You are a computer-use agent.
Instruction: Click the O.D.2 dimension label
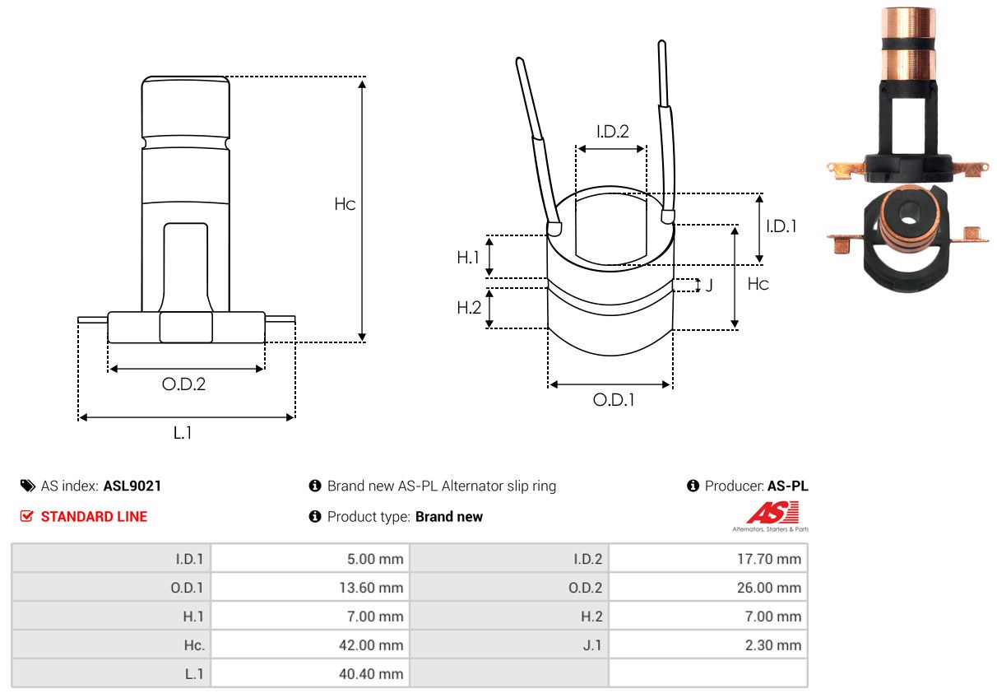click(x=183, y=384)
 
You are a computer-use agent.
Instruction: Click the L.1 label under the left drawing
click(x=183, y=433)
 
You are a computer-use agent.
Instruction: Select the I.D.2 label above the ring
click(x=612, y=131)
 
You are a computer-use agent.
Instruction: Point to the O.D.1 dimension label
click(x=614, y=400)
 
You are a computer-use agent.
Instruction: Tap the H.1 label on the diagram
click(x=468, y=258)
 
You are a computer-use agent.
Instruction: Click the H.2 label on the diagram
click(x=468, y=308)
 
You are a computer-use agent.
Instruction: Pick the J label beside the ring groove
click(x=709, y=286)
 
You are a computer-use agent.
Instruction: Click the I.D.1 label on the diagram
click(x=781, y=226)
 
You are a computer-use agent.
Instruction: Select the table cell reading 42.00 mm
click(x=371, y=645)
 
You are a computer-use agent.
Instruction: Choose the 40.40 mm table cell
click(x=371, y=674)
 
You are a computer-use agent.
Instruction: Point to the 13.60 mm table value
click(x=371, y=588)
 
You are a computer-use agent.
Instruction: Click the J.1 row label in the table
click(x=591, y=645)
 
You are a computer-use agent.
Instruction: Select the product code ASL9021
click(x=132, y=486)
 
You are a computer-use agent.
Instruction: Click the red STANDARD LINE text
click(x=94, y=517)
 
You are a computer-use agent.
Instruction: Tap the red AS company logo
click(x=772, y=514)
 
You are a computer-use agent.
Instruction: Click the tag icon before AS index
click(x=28, y=486)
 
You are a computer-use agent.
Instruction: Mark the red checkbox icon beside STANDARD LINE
click(x=27, y=517)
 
